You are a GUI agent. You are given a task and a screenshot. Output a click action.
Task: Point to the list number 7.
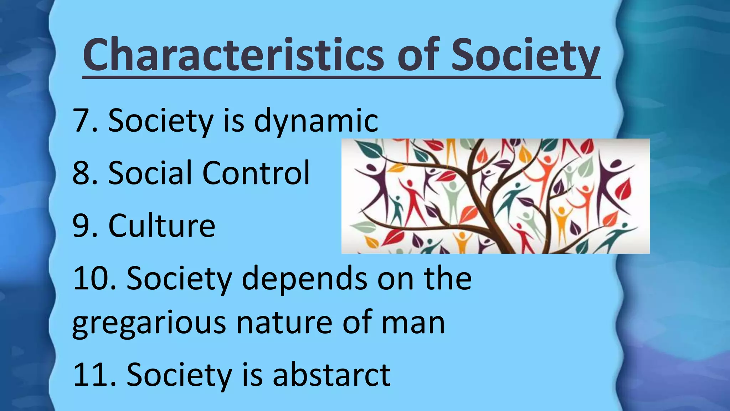coord(83,121)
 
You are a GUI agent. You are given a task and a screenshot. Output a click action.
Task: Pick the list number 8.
coord(83,173)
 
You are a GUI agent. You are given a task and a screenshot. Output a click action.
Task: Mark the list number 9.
coord(83,226)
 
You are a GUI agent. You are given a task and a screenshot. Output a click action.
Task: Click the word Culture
coord(162,225)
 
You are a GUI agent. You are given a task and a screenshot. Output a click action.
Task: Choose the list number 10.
coord(93,278)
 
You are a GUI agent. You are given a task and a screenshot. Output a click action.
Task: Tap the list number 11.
coord(93,375)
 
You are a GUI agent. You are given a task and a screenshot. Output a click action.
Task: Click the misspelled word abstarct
coord(331,375)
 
